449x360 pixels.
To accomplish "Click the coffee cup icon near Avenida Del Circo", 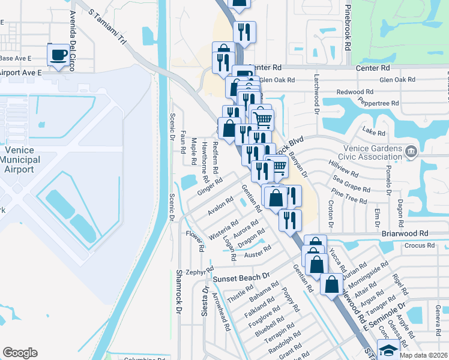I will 58,55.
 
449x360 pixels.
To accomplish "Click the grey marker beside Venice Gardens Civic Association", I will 411,150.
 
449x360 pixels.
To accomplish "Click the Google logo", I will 20,353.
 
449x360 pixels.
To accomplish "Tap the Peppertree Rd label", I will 378,103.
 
